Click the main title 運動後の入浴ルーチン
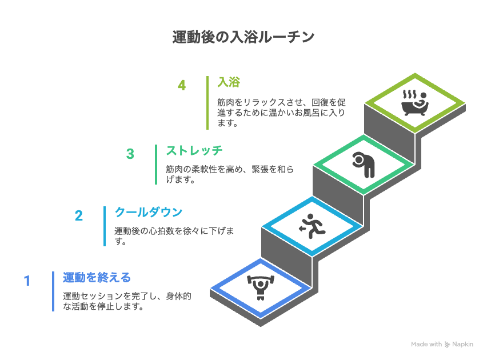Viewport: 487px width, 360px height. tap(243, 37)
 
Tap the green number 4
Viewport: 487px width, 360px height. tap(182, 85)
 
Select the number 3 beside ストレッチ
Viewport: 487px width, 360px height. tap(130, 154)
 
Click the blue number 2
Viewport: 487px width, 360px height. tap(78, 215)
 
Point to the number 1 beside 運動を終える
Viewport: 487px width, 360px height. tap(27, 281)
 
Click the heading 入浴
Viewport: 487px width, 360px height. tap(229, 82)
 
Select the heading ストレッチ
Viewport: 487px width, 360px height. tap(194, 151)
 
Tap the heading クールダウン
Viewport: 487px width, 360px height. tap(149, 212)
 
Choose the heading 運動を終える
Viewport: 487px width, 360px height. tap(97, 277)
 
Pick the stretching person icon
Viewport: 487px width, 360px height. tap(364, 165)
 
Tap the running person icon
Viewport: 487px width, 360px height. tap(312, 226)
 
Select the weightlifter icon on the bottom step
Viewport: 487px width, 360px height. tap(261, 287)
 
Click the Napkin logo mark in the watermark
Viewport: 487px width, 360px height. tap(447, 345)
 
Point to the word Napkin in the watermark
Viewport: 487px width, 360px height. tap(462, 344)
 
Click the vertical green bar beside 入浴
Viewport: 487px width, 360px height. tap(207, 103)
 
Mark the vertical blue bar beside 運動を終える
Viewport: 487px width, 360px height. tap(53, 291)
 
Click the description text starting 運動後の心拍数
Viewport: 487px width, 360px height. tap(174, 236)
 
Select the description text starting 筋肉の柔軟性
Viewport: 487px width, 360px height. tap(230, 174)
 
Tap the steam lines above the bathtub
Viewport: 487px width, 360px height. tap(409, 94)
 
